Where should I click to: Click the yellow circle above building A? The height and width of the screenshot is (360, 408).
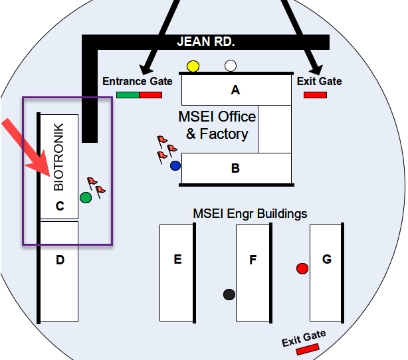pos(193,66)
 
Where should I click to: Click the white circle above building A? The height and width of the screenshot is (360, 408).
pos(231,66)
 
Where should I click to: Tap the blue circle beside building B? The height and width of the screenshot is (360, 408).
pos(175,165)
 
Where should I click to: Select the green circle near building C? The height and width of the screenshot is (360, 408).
pos(86,197)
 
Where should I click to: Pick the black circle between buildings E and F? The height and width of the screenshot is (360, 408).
pos(229,294)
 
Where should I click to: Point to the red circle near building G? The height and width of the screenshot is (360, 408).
pos(302,268)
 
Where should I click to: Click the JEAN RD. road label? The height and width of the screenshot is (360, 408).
pos(206,42)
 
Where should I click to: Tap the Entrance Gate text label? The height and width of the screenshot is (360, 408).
pos(138,82)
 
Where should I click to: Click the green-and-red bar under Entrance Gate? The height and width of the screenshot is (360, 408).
pos(139,95)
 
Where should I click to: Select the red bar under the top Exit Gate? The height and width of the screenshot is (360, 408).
pos(315,95)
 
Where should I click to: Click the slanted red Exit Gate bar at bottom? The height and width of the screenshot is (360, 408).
pos(308,348)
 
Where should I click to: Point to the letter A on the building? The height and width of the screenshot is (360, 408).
pos(235,90)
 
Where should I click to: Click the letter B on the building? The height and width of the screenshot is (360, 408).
pos(235,169)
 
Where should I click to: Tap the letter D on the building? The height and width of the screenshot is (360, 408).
pos(60,260)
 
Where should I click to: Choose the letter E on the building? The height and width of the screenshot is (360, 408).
pos(177,259)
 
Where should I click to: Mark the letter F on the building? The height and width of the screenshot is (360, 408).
pos(253,260)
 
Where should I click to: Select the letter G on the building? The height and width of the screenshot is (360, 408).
pos(326,259)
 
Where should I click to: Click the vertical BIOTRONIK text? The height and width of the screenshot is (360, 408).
pos(58,157)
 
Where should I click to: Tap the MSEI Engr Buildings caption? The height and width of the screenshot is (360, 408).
pos(250,214)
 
